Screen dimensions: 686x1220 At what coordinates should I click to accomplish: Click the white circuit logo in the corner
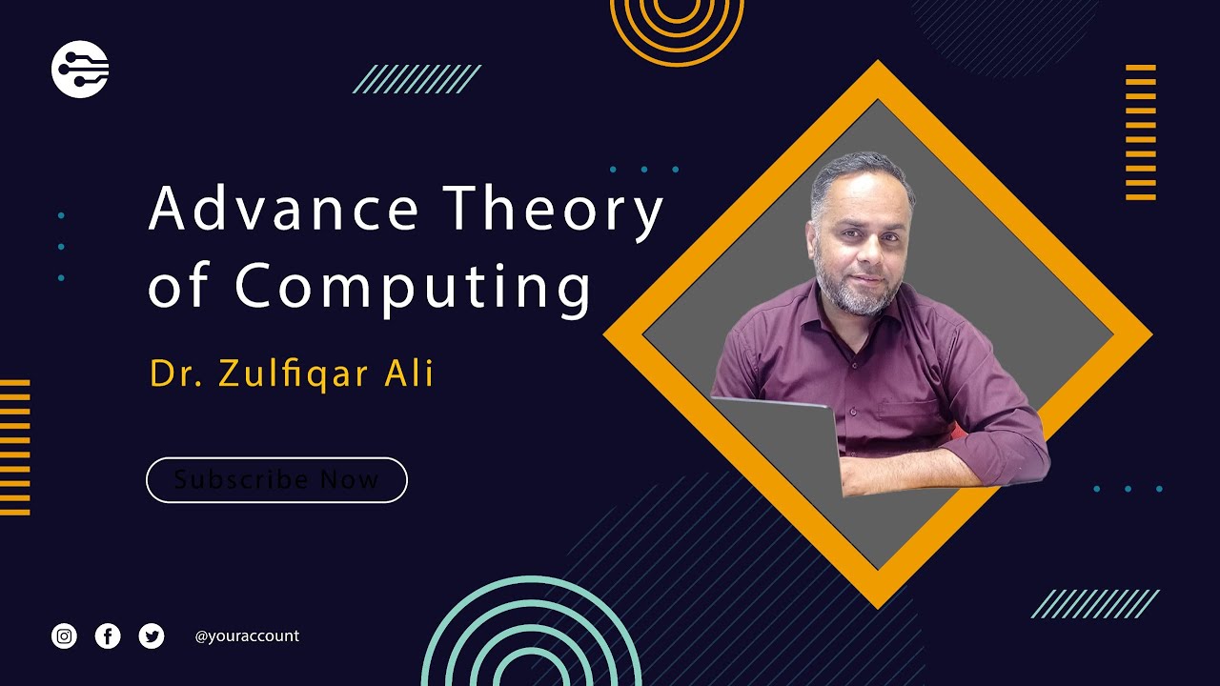[x=80, y=69]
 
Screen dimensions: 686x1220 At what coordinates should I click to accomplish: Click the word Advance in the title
[x=283, y=209]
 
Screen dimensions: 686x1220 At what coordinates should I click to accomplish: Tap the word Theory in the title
[x=553, y=211]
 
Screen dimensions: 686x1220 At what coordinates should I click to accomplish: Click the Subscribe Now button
[x=276, y=479]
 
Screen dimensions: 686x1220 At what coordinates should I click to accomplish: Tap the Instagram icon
[x=64, y=636]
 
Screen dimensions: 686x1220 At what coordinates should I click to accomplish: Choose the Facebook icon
[x=108, y=636]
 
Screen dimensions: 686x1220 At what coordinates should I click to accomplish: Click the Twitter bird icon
[x=152, y=636]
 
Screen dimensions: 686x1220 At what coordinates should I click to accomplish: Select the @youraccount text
[x=247, y=636]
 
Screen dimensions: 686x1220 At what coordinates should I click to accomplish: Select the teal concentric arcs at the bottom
[x=531, y=638]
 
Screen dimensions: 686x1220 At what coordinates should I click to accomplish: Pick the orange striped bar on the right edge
[x=1141, y=132]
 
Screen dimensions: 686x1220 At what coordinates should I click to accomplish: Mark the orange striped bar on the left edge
[x=14, y=447]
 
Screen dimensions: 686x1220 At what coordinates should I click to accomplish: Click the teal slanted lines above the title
[x=417, y=79]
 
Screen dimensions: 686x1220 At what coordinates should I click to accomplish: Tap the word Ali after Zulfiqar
[x=409, y=373]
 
